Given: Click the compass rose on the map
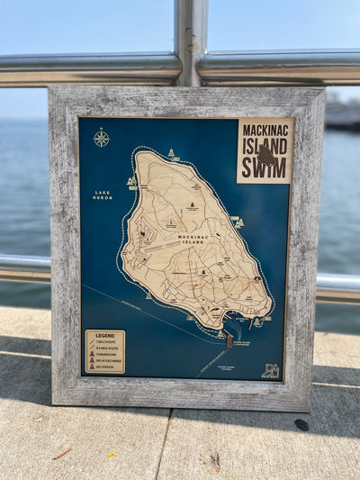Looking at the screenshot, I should (102, 138).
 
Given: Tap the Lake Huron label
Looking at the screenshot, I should (102, 194).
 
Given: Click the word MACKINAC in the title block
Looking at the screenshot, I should (265, 131).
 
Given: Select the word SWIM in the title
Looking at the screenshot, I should (265, 168).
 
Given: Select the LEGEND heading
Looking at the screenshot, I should (105, 335).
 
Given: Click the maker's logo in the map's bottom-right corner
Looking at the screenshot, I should (270, 370).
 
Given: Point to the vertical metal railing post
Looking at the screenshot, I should (190, 42).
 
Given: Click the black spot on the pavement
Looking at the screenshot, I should (301, 424).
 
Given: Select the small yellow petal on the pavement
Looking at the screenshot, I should (112, 454).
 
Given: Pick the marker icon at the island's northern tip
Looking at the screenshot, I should (171, 153).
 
